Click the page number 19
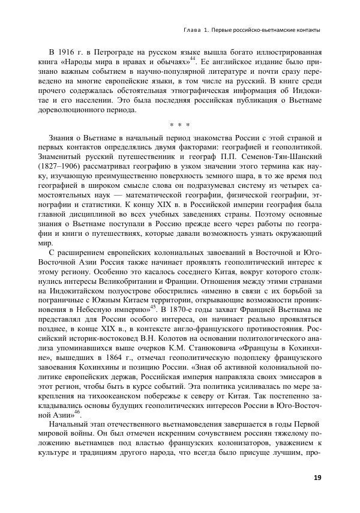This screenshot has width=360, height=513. pyautogui.click(x=317, y=477)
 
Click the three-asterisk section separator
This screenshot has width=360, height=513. pyautogui.click(x=179, y=125)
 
